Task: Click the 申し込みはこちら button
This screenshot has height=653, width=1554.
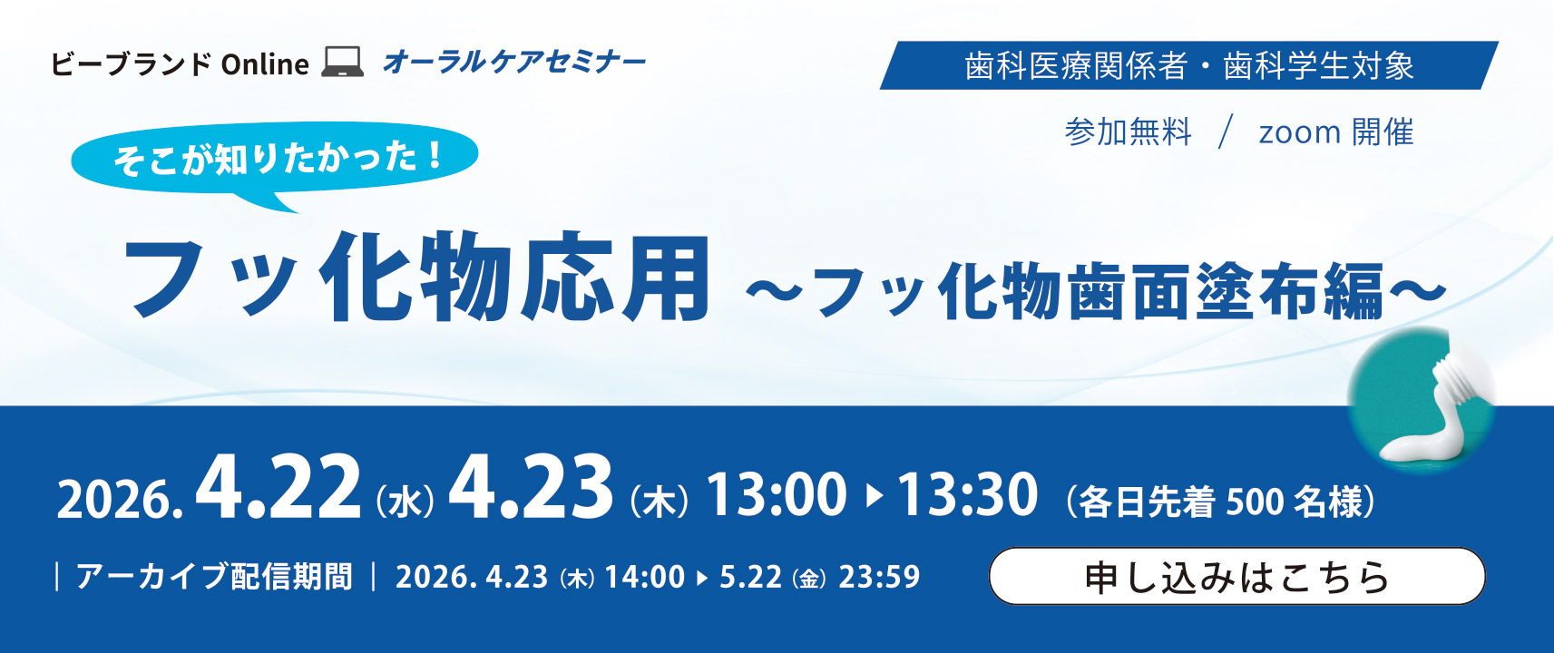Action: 1237,576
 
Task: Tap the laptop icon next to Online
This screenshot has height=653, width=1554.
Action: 343,63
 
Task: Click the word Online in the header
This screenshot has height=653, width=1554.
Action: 265,64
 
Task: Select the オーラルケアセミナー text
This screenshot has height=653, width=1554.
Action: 514,63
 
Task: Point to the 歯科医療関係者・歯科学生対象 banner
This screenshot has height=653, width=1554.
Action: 1189,66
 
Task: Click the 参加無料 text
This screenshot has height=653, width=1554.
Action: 1128,132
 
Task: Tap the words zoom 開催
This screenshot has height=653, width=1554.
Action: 1336,132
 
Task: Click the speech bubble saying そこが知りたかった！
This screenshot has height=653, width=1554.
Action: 275,160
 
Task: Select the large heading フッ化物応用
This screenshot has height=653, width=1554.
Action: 417,278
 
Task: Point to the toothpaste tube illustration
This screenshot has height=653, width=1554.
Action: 1421,400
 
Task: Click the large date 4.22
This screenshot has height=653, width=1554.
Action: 279,487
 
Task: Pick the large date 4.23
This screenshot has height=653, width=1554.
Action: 532,487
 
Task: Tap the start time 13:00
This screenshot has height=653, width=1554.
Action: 777,494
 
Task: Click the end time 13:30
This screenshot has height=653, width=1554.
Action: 968,494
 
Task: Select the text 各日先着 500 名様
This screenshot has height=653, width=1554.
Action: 1220,501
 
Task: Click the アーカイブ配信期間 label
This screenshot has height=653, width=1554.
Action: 214,577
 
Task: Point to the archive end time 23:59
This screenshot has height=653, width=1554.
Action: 879,577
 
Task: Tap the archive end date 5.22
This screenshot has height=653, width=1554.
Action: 750,577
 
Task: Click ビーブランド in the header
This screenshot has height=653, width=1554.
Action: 132,64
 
